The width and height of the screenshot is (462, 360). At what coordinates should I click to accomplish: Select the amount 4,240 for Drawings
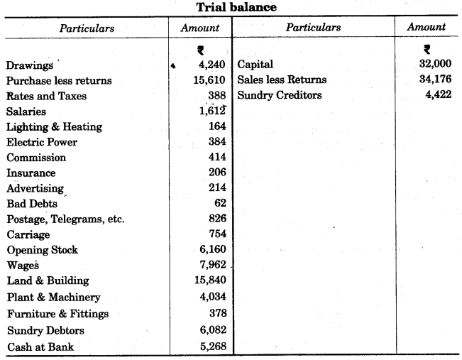click(x=210, y=65)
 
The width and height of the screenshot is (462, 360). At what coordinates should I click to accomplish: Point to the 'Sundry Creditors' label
click(x=279, y=95)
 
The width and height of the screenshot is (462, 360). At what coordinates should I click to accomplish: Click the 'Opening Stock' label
click(x=42, y=250)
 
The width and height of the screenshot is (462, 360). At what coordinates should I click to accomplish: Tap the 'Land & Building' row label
click(x=48, y=281)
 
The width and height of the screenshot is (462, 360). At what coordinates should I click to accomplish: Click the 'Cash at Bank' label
click(x=40, y=347)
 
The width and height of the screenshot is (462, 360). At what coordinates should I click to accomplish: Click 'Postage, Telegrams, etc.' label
click(x=65, y=219)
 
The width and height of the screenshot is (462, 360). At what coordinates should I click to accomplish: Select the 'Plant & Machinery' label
click(x=53, y=297)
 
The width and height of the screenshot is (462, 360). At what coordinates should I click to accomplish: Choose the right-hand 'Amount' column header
click(x=427, y=27)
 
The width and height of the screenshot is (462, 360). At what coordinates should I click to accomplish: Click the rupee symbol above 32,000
click(x=426, y=50)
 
